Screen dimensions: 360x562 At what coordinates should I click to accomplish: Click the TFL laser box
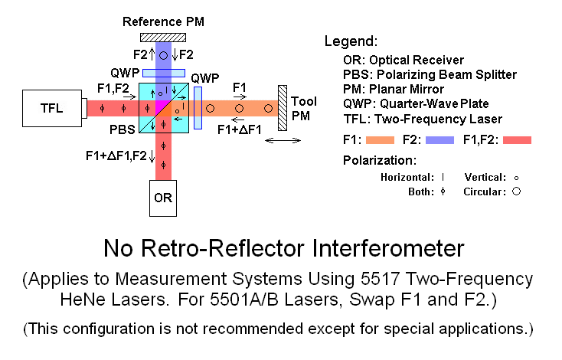pyautogui.click(x=54, y=109)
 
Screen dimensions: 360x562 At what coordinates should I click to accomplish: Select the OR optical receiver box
pyautogui.click(x=163, y=198)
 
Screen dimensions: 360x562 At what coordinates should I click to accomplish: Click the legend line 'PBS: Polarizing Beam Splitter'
pyautogui.click(x=430, y=74)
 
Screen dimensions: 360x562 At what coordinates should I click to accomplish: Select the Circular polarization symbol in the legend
pyautogui.click(x=516, y=191)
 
